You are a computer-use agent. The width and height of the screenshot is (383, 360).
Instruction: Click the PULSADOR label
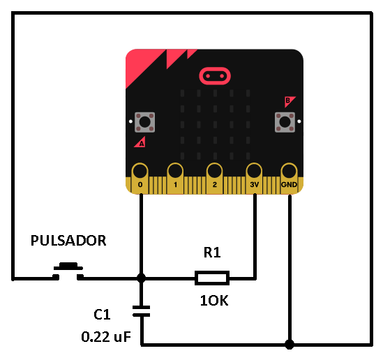click(x=68, y=241)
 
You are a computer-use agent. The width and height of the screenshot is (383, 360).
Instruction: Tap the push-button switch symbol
click(x=68, y=271)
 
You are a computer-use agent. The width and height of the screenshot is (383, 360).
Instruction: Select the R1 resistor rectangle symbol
click(x=212, y=278)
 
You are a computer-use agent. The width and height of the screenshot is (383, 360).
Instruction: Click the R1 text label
click(x=212, y=253)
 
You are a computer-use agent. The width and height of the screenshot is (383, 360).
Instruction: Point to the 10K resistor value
click(x=214, y=301)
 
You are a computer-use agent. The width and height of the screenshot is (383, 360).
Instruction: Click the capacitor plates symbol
click(x=141, y=311)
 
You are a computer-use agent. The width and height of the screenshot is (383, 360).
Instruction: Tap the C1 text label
click(x=102, y=315)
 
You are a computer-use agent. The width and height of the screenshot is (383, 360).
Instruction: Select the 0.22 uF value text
click(x=106, y=337)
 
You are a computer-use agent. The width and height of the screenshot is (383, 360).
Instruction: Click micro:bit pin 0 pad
click(x=140, y=179)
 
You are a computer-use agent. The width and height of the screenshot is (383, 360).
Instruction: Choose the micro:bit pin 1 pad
click(x=175, y=179)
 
